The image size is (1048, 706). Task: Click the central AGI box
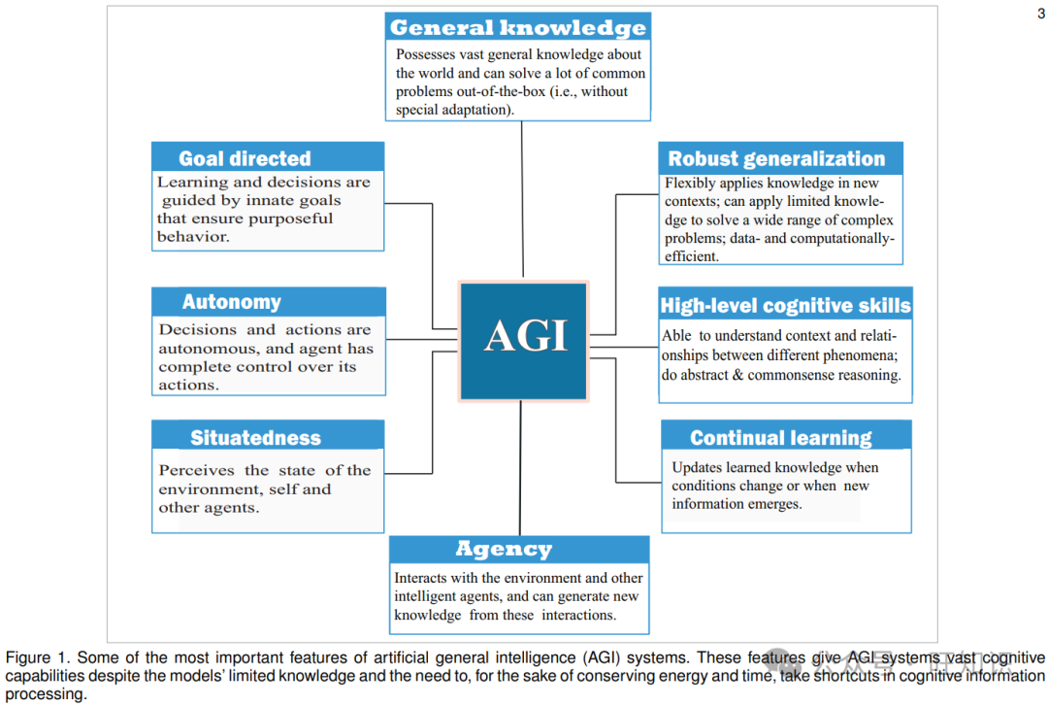(524, 339)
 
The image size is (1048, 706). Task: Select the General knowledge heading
(517, 27)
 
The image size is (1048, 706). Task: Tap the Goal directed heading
(245, 158)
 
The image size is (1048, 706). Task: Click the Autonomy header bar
(232, 302)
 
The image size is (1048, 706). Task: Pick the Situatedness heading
(255, 437)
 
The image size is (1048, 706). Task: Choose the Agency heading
(504, 550)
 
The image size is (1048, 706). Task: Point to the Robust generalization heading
(776, 158)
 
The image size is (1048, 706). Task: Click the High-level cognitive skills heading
(786, 306)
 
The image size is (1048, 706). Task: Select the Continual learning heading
(781, 437)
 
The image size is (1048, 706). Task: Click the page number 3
(1040, 13)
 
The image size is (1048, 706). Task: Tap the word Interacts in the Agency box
(422, 578)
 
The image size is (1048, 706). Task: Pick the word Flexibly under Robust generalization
(689, 183)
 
